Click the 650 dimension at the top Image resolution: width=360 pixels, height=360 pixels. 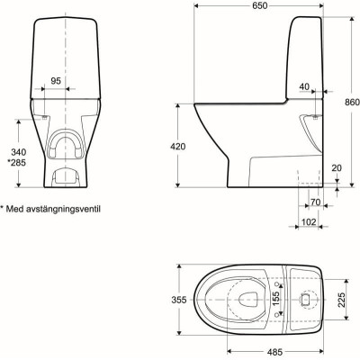click(x=260, y=6)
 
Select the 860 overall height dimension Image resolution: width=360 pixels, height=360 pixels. click(x=352, y=102)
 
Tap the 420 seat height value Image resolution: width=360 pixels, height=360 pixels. click(x=178, y=147)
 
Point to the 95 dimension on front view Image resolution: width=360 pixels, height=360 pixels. click(x=56, y=81)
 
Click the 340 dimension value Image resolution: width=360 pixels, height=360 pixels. click(x=18, y=152)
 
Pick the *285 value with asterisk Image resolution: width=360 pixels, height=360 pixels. click(x=16, y=163)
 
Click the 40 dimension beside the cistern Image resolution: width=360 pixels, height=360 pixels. click(x=304, y=86)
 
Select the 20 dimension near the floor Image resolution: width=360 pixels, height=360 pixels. click(x=337, y=168)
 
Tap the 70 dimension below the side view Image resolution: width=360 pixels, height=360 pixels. click(x=315, y=202)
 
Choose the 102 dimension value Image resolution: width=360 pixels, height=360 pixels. click(x=309, y=222)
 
